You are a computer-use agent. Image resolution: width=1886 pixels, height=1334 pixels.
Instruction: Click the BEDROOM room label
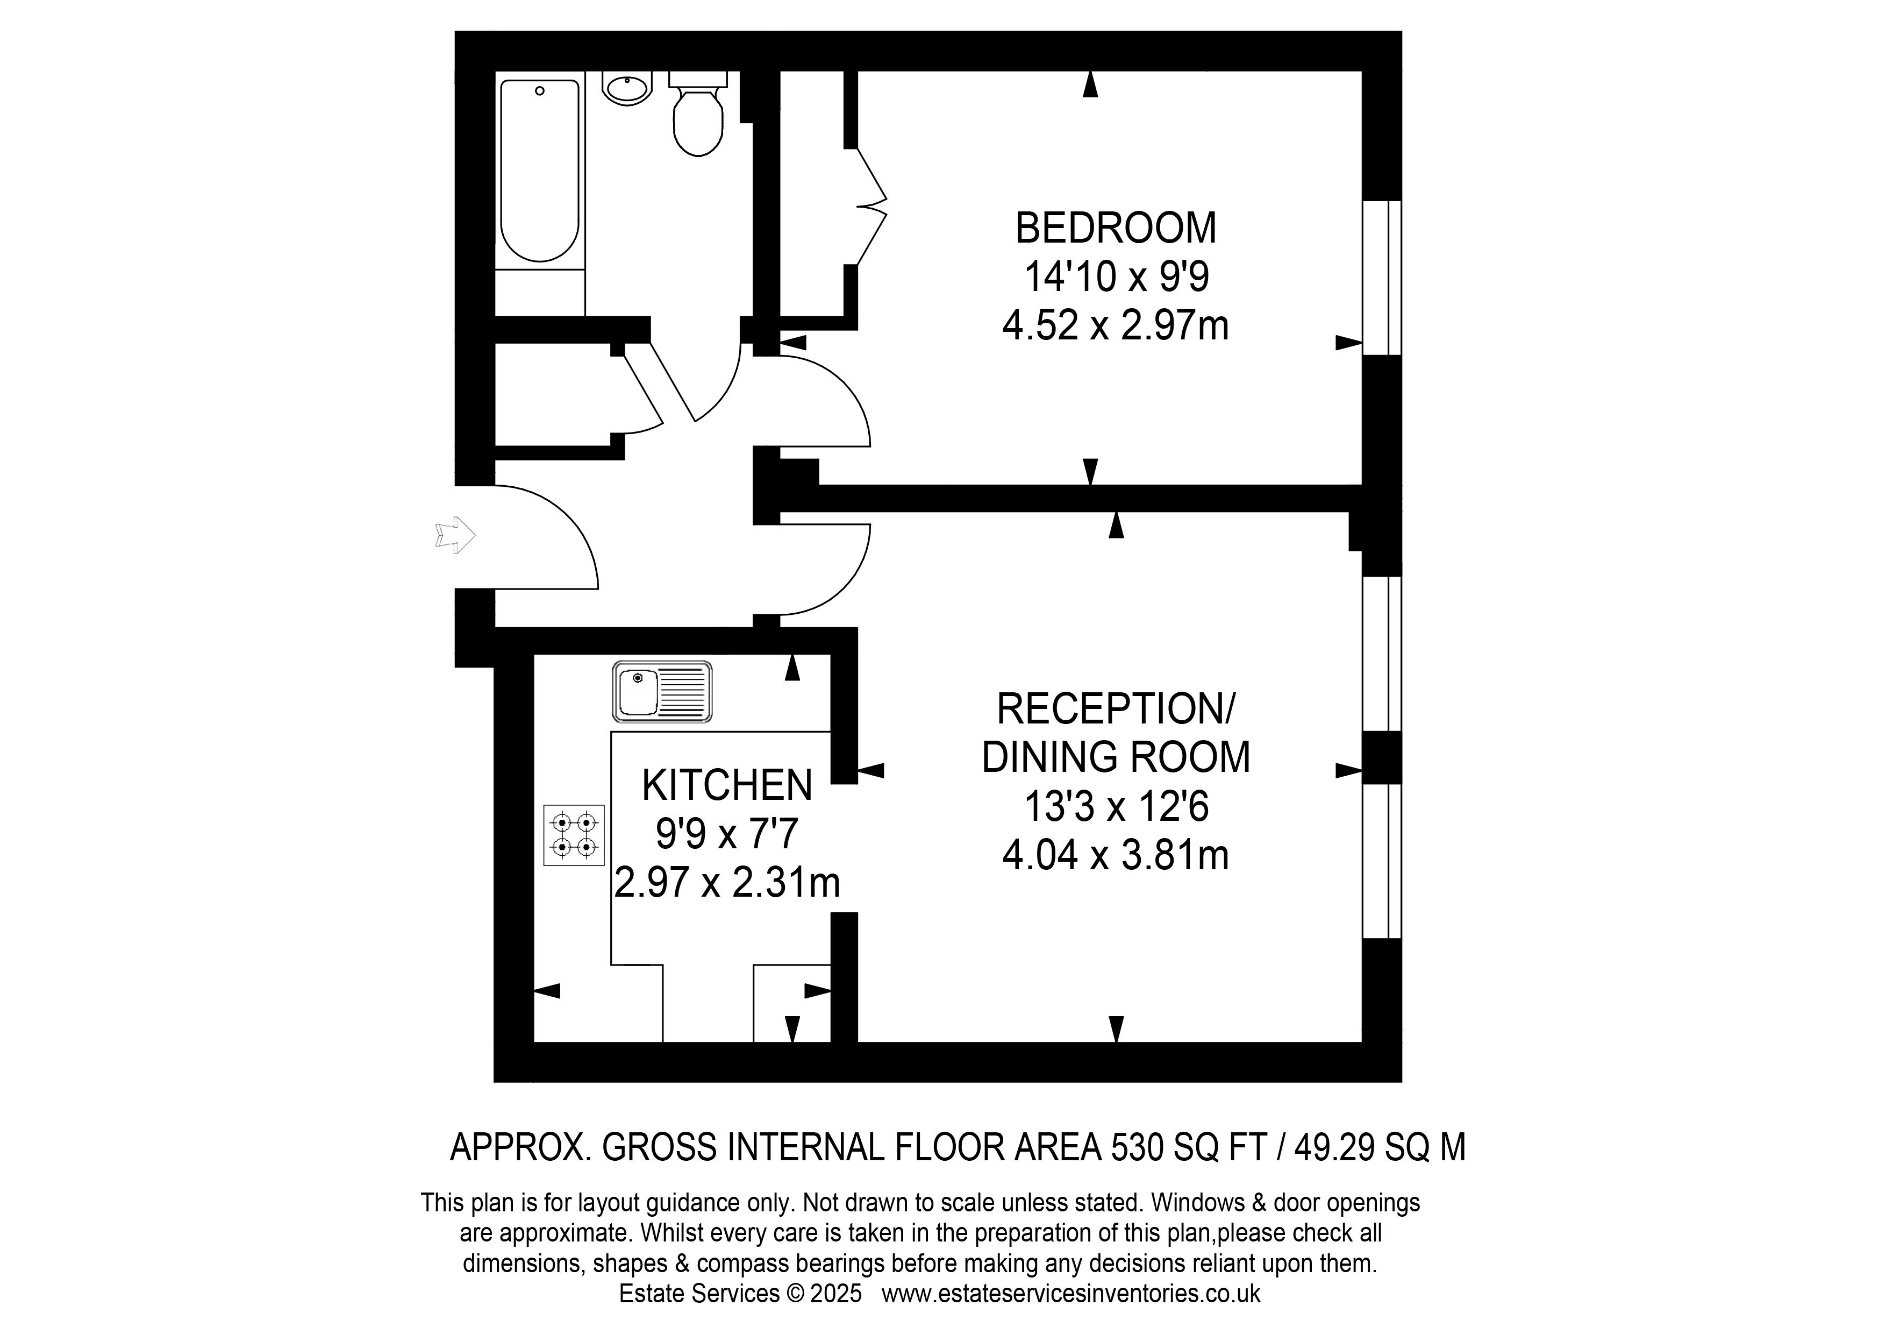point(1116,228)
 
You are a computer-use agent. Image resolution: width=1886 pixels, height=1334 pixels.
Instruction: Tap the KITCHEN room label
point(727,786)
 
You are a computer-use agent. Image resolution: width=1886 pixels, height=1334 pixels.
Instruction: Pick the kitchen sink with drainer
point(662,692)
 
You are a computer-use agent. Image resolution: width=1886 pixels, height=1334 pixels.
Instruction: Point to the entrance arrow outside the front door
point(455,535)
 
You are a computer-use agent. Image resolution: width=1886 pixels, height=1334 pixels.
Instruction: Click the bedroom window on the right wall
point(1382,278)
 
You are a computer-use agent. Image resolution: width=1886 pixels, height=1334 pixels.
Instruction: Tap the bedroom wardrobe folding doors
point(871,207)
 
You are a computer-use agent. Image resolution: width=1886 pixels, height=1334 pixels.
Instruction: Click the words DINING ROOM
point(1116,757)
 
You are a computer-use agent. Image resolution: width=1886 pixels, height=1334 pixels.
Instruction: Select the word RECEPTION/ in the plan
point(1116,708)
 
